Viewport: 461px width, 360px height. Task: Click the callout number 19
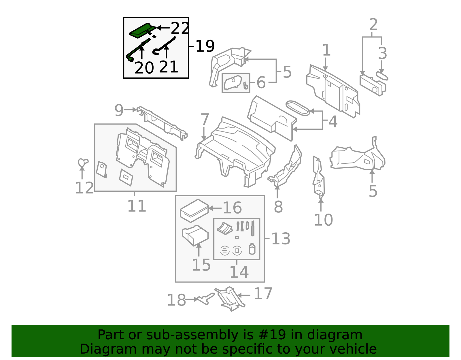(x=205, y=46)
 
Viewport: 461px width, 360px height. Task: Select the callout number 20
(x=144, y=68)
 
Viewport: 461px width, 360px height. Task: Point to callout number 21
(x=169, y=67)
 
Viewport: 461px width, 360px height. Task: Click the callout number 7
(x=205, y=120)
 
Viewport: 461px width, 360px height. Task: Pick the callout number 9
(x=119, y=110)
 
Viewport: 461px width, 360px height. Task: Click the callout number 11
(x=137, y=206)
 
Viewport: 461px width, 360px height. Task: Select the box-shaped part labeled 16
(x=194, y=211)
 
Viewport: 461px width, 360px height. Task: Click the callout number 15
(x=201, y=265)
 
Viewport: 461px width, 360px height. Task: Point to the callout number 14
(x=239, y=272)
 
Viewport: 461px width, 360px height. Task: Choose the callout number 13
(x=281, y=239)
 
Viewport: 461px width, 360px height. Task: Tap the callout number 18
(x=176, y=300)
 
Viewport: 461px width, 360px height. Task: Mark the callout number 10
(x=323, y=220)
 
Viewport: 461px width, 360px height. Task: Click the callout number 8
(x=278, y=207)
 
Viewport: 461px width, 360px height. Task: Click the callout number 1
(x=326, y=50)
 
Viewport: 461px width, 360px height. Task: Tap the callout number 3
(x=382, y=54)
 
